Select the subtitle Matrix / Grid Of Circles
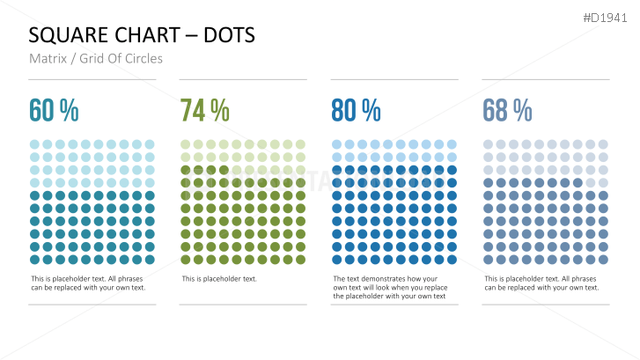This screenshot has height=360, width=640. (96, 59)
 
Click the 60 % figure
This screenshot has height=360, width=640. (54, 111)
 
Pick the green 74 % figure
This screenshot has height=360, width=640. (205, 111)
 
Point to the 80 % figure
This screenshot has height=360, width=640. (356, 111)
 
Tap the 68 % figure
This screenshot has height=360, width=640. (507, 111)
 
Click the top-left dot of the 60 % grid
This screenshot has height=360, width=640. (34, 144)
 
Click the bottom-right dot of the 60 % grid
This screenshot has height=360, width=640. (150, 260)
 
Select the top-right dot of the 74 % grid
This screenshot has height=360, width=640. (300, 144)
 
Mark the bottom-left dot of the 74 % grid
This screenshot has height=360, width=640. (186, 260)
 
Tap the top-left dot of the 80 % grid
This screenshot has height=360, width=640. (337, 144)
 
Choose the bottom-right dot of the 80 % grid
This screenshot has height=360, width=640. (452, 260)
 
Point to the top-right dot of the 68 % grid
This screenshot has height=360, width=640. (603, 144)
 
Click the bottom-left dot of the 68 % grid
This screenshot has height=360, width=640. (489, 260)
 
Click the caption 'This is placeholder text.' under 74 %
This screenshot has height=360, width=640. (219, 279)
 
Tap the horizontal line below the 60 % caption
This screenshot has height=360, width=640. (92, 305)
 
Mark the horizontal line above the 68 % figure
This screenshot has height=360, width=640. (546, 79)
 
